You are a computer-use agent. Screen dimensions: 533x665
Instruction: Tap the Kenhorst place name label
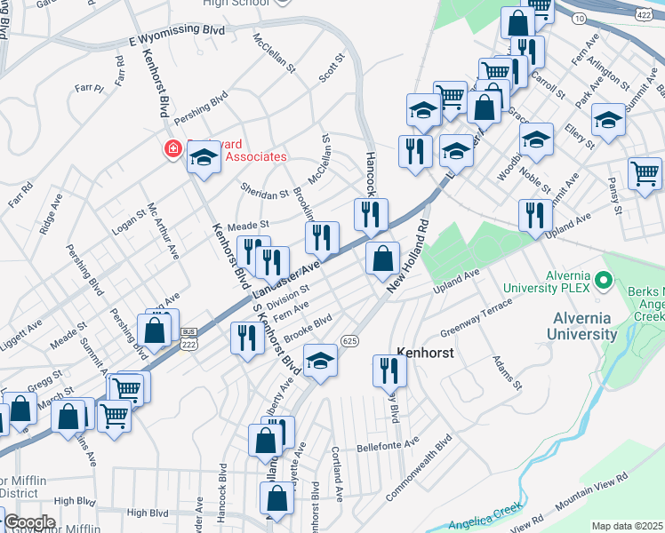(425, 353)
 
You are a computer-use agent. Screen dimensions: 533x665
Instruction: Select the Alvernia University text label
(584, 326)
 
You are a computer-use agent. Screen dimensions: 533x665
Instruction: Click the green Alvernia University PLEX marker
(605, 281)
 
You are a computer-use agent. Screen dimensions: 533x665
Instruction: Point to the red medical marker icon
(171, 150)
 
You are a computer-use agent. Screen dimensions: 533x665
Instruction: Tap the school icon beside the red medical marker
(204, 157)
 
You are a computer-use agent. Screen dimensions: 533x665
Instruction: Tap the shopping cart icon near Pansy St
(645, 172)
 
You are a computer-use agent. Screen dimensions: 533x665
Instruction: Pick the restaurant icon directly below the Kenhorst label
(389, 369)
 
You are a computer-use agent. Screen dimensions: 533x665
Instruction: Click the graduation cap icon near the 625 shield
(320, 360)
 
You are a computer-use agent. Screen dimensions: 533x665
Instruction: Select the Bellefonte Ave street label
(387, 445)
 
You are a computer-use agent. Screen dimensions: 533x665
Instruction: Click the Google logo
(29, 522)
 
